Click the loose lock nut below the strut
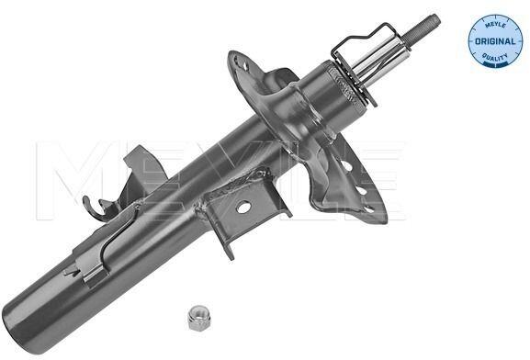coord(198,317)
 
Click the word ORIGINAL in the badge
coord(495,41)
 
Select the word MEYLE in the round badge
coord(495,26)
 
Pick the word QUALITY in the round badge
coord(495,57)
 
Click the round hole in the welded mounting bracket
coord(243,207)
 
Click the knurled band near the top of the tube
coord(345,84)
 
